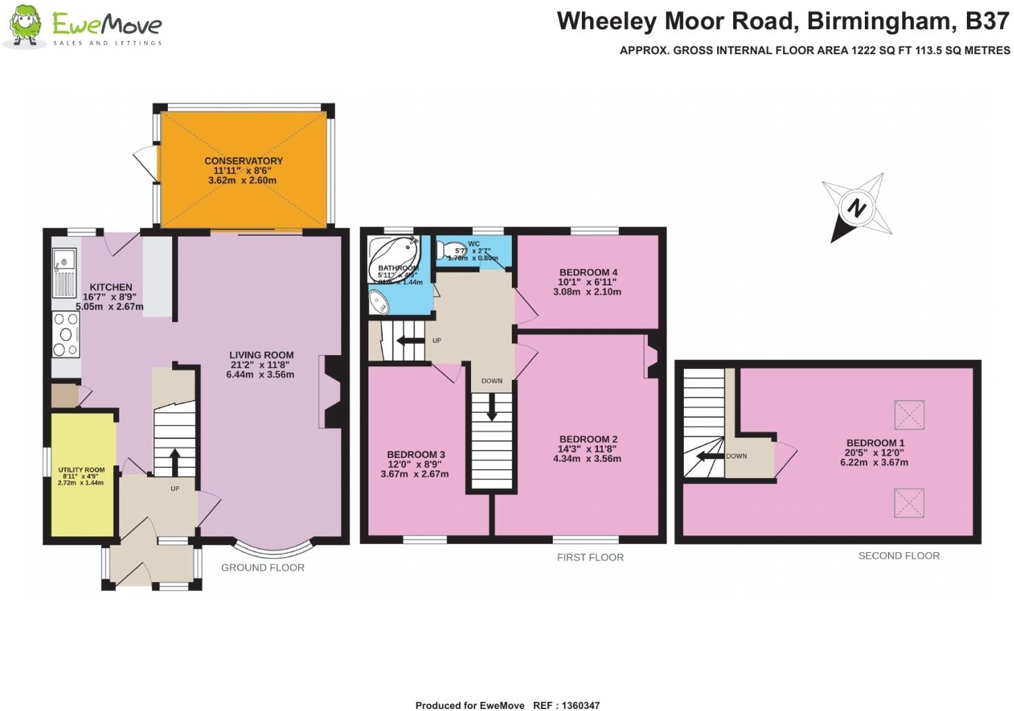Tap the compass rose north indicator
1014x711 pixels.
(x=857, y=207)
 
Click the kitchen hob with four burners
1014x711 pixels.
(x=66, y=334)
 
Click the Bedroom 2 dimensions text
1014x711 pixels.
(x=589, y=454)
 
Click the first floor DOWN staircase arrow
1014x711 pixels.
(x=492, y=407)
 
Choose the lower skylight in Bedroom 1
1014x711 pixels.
(x=909, y=503)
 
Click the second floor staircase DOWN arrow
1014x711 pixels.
(x=707, y=456)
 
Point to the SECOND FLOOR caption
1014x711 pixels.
(x=898, y=556)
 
